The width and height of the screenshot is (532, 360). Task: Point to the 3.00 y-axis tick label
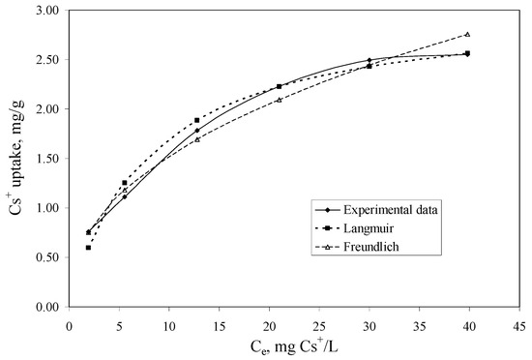click(45, 11)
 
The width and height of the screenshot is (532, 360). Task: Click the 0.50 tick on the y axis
click(45, 257)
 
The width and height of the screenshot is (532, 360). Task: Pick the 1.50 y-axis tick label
click(45, 159)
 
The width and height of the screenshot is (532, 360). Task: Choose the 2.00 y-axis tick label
click(45, 109)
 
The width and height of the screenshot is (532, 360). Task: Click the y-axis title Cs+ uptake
click(16, 159)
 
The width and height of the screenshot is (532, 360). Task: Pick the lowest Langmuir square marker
click(88, 248)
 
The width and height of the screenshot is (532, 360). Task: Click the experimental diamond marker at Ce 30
click(369, 60)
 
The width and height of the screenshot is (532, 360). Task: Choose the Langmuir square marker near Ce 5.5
click(124, 183)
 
